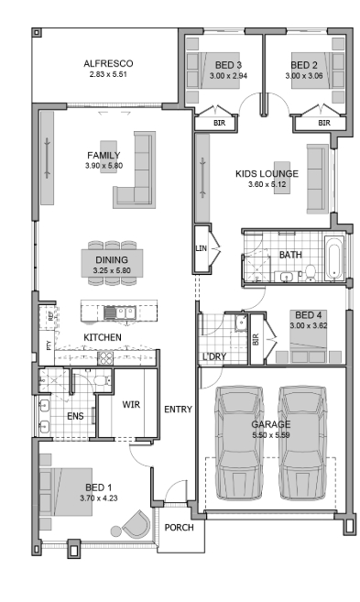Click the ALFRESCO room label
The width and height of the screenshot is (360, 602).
(108, 63)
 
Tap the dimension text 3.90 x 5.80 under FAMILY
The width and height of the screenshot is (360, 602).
(104, 166)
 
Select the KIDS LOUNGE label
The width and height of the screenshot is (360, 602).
(267, 173)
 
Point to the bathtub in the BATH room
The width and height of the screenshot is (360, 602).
(334, 257)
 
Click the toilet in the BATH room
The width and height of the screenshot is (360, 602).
(310, 272)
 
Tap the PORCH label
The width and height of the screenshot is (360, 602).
(180, 528)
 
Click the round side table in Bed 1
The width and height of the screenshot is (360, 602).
(116, 531)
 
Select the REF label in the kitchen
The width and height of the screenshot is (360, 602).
(51, 317)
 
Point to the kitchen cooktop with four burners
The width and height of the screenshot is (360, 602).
(105, 358)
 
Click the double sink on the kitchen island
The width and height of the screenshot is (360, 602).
(125, 312)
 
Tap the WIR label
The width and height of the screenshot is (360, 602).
(131, 404)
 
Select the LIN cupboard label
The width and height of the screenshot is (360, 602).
(202, 248)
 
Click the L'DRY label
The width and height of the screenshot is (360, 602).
(214, 356)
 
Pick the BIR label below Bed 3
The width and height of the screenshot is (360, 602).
(220, 124)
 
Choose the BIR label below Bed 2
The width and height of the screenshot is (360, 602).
(324, 123)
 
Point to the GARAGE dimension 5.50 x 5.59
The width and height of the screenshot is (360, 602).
(271, 435)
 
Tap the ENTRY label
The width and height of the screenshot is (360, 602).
(178, 410)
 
